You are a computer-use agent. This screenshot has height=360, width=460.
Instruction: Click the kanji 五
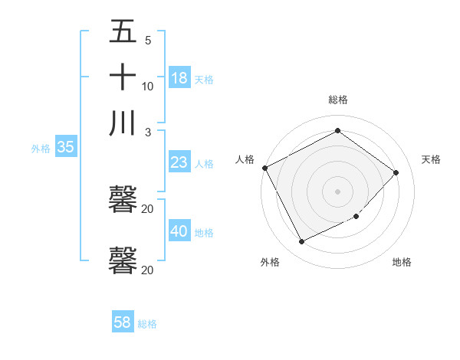123,32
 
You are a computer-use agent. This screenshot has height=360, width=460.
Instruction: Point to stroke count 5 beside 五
148,41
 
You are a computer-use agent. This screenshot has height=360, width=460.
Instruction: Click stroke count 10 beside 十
148,86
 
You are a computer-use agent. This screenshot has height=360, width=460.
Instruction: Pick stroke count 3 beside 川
148,132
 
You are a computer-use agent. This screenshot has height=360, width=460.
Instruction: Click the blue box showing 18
179,77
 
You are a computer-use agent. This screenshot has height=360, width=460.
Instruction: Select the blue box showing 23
179,162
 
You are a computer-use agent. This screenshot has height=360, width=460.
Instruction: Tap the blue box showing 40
179,231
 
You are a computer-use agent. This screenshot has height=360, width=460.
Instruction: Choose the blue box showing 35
65,148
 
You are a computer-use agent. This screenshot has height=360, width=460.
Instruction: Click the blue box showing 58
123,322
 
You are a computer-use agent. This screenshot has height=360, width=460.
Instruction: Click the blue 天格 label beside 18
204,79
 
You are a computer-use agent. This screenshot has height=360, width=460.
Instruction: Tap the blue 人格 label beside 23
204,164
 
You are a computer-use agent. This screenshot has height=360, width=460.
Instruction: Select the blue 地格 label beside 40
204,233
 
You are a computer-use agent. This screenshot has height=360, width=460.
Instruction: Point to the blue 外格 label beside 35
40,149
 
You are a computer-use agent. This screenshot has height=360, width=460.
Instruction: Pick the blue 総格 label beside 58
147,324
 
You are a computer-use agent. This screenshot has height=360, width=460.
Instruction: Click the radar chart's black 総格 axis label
338,100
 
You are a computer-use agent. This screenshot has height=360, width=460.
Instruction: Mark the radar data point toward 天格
396,172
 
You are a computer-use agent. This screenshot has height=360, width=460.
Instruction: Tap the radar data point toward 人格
264,168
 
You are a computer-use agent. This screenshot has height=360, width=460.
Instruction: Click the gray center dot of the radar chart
338,191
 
